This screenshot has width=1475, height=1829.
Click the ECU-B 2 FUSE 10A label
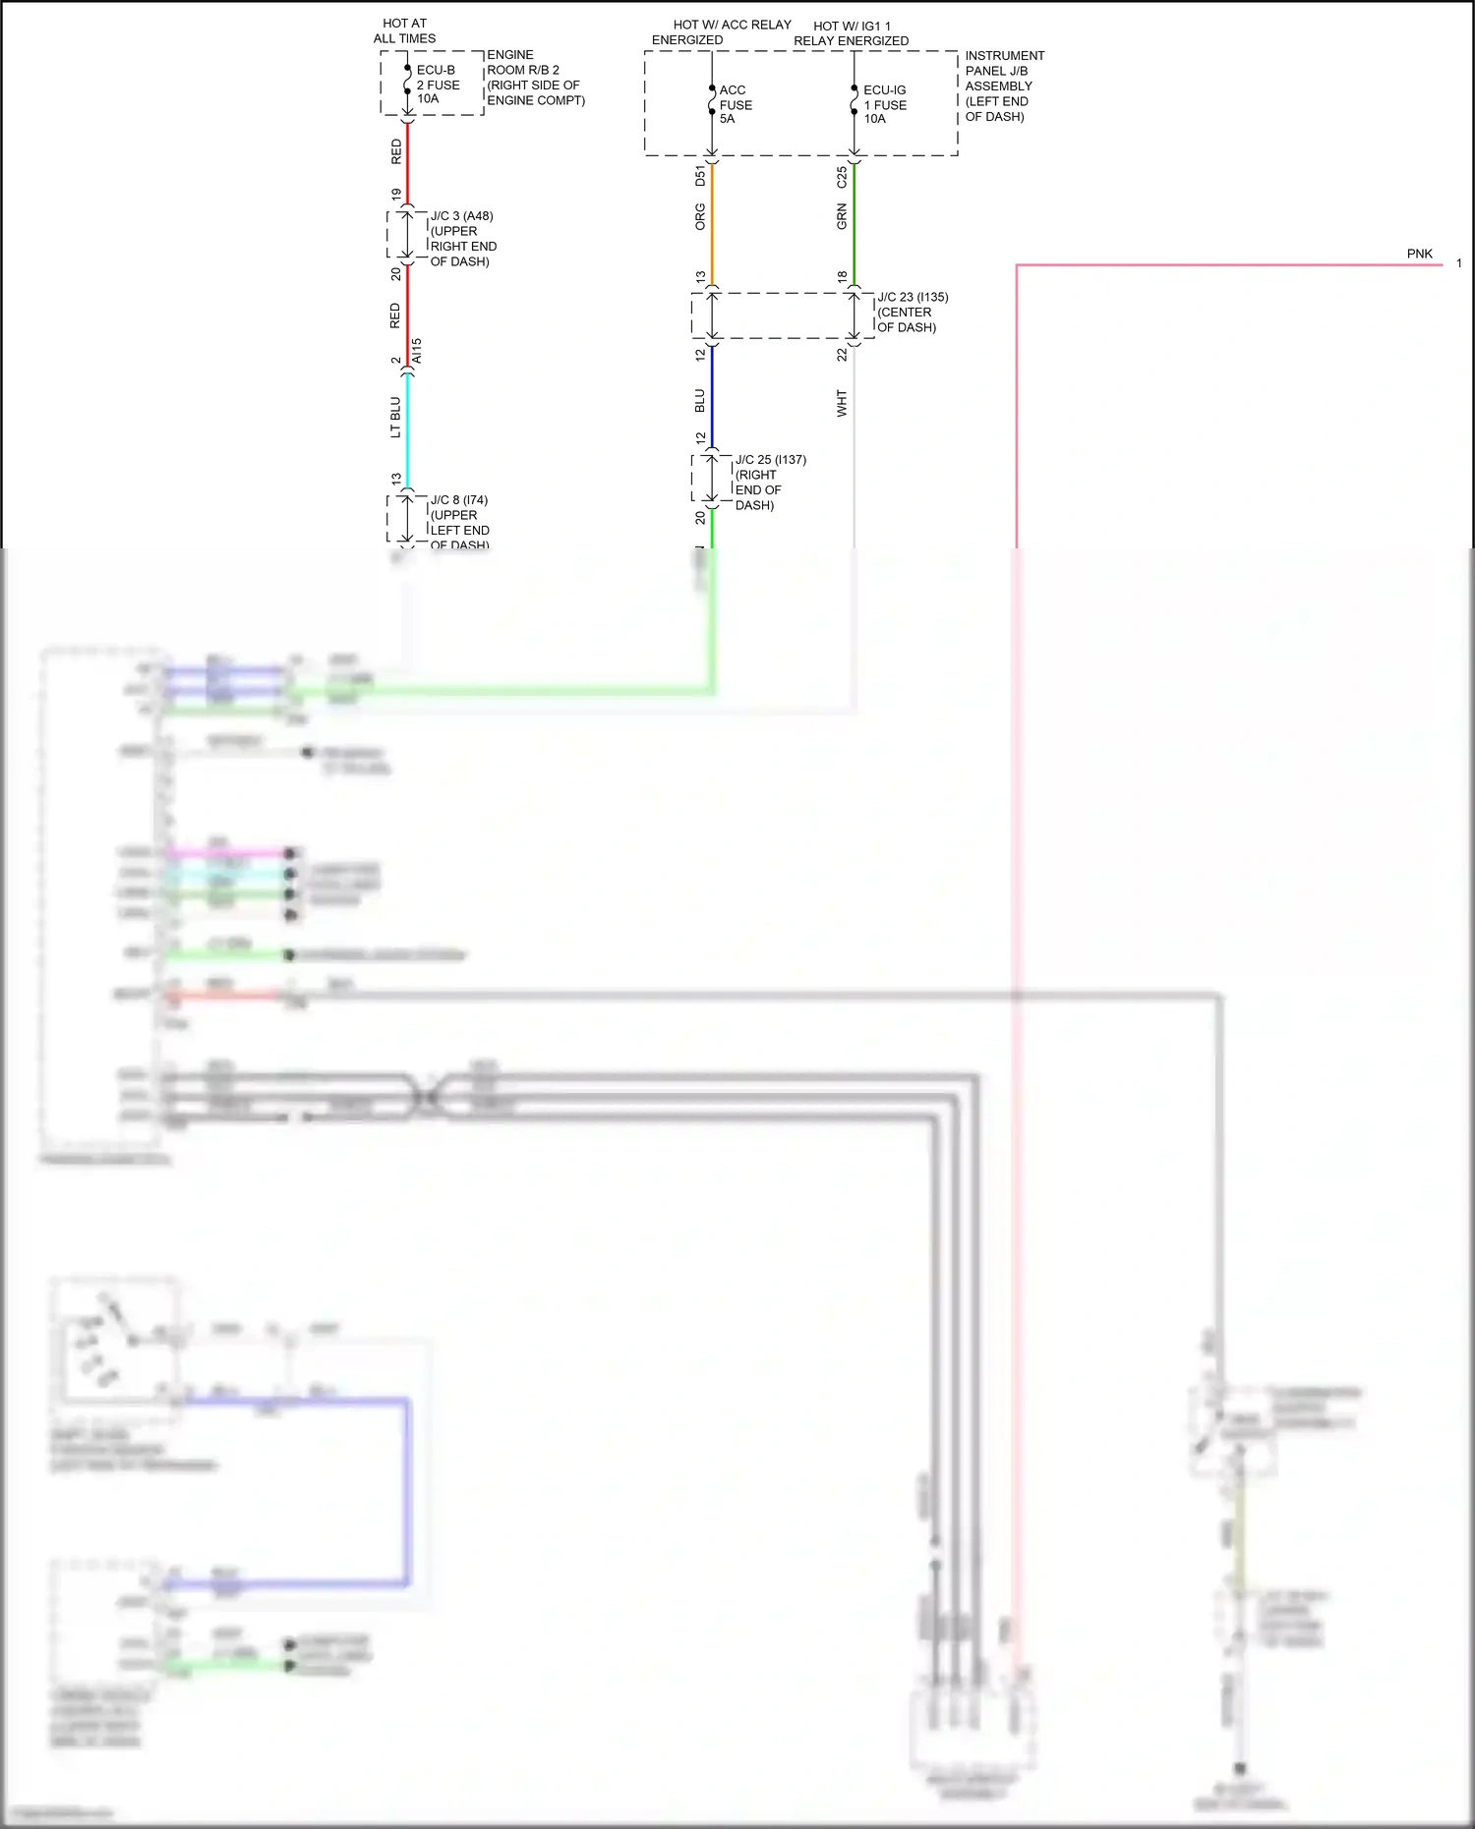pyautogui.click(x=438, y=85)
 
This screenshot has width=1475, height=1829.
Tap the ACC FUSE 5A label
pyautogui.click(x=735, y=104)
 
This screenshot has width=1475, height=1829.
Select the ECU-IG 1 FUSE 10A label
pyautogui.click(x=884, y=104)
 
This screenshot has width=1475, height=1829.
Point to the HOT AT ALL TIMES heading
pyautogui.click(x=404, y=30)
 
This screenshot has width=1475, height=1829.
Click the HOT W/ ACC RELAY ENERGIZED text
pyautogui.click(x=721, y=32)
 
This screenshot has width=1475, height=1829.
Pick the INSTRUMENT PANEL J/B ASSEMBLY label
pyautogui.click(x=1003, y=86)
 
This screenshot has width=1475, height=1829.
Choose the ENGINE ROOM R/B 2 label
pyautogui.click(x=535, y=78)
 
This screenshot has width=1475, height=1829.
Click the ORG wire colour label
pyautogui.click(x=700, y=217)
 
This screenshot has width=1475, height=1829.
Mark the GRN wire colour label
pyautogui.click(x=842, y=217)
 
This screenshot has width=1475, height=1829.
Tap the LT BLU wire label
pyautogui.click(x=395, y=417)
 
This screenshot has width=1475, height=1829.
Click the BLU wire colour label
pyautogui.click(x=700, y=401)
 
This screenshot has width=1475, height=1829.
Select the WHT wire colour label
pyautogui.click(x=842, y=403)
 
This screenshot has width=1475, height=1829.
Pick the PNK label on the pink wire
pyautogui.click(x=1419, y=254)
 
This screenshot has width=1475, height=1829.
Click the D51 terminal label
pyautogui.click(x=700, y=176)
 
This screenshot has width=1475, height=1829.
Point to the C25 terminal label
pyautogui.click(x=842, y=177)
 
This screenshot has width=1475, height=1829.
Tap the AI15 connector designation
pyautogui.click(x=417, y=351)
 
